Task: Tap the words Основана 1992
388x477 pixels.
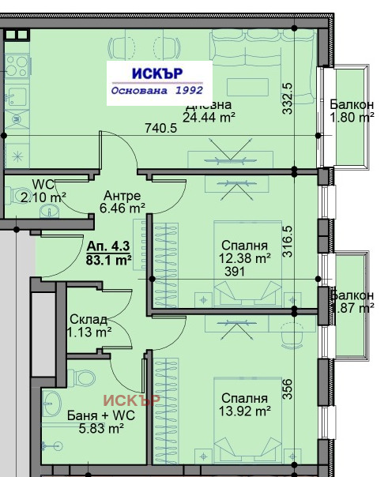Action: (x=158, y=91)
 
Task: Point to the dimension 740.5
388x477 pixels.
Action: (x=160, y=128)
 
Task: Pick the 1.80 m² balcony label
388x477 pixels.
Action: (x=352, y=118)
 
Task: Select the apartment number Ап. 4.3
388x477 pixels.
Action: (x=108, y=246)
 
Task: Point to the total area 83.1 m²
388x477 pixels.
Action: (x=109, y=258)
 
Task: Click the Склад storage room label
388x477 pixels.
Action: (x=88, y=319)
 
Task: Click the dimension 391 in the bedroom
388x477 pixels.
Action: (x=235, y=270)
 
